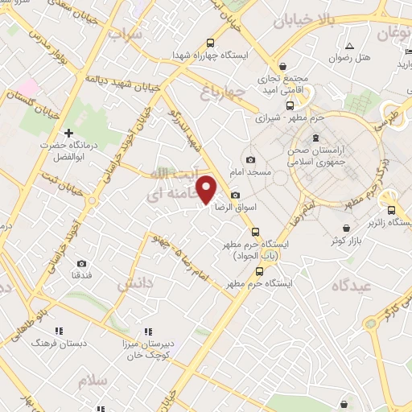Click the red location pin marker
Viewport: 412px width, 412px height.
[x=207, y=190]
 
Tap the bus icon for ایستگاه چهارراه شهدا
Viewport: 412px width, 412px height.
[x=210, y=43]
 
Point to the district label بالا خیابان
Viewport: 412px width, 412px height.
[x=303, y=18]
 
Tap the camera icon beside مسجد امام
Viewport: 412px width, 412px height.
[x=250, y=159]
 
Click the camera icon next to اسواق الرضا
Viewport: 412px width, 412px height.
[x=234, y=196]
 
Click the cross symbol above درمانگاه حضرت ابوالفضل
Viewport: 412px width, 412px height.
[x=68, y=132]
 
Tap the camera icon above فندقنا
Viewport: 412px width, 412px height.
[x=81, y=263]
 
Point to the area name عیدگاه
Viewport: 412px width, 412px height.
[x=348, y=284]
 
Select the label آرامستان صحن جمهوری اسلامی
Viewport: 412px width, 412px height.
[x=317, y=146]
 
